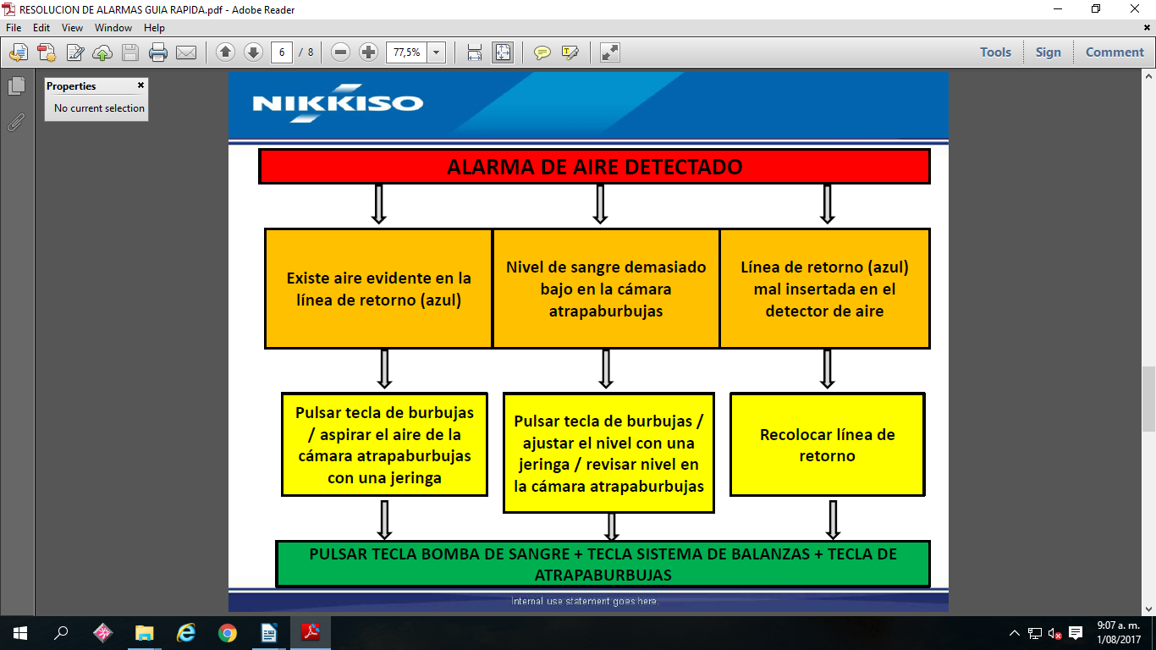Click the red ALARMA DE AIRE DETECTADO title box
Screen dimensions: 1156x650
tap(594, 166)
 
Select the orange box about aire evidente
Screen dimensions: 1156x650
tap(378, 289)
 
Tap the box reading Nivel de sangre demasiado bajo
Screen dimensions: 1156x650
tap(606, 289)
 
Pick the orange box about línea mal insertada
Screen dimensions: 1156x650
tap(824, 289)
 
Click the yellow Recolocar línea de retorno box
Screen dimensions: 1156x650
tap(827, 444)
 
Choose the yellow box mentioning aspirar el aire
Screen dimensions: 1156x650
tap(384, 444)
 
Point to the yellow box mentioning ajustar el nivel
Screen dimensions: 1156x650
tap(608, 453)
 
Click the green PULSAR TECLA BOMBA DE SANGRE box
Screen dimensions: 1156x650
tap(603, 564)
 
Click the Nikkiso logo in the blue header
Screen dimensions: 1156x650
tap(338, 103)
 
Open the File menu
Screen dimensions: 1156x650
tap(14, 28)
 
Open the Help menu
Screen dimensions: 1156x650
tap(154, 28)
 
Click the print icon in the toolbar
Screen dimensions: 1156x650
tap(158, 52)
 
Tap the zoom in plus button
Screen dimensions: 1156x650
tap(368, 52)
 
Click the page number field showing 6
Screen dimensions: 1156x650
tap(282, 52)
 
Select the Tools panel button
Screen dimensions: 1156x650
tap(995, 52)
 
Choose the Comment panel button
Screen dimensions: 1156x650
tap(1115, 52)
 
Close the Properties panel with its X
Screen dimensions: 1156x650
tap(140, 85)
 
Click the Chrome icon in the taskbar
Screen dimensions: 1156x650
tap(227, 633)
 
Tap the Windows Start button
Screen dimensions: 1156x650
tap(20, 633)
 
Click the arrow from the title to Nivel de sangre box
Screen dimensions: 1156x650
tap(600, 204)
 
